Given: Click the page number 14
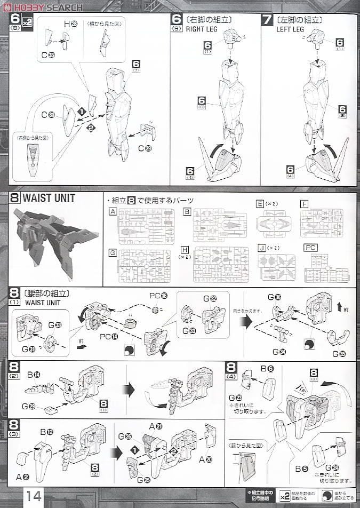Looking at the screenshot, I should point(33,495).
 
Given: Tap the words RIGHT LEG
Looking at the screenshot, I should point(199,29).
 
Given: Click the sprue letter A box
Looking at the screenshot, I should point(113,211).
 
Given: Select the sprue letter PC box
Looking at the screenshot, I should point(310,248).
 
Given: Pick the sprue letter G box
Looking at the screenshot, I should point(113,251).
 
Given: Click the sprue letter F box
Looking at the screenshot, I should point(304,204).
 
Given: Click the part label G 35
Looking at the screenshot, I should point(338,354).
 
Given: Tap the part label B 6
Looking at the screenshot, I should point(267,368).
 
